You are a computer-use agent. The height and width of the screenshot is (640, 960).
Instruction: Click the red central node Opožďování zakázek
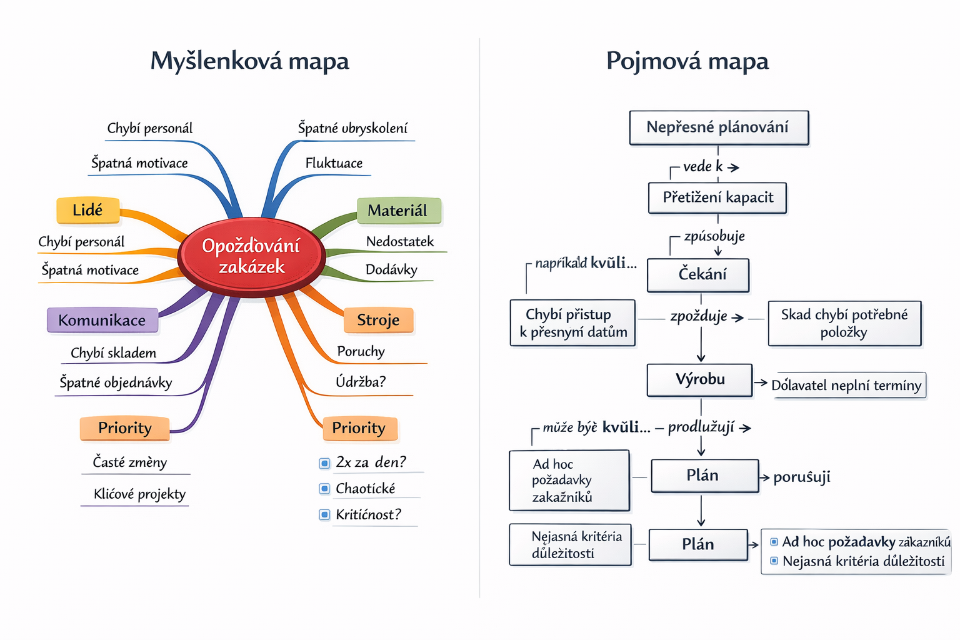click(251, 256)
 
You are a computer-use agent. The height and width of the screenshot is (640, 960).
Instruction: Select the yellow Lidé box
click(87, 211)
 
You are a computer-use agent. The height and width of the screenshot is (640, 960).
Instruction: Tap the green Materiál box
click(399, 211)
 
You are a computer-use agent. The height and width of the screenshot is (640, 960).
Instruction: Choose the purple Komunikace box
click(102, 320)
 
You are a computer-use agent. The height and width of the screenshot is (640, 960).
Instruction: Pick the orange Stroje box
click(378, 320)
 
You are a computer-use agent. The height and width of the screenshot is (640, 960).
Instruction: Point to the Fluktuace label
click(334, 163)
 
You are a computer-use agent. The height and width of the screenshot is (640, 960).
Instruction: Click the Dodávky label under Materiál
click(391, 270)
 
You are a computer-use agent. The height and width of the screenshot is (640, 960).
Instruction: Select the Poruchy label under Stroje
click(361, 351)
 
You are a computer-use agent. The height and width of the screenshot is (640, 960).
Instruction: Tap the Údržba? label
click(361, 381)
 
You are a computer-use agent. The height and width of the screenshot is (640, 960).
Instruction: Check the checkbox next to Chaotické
click(324, 489)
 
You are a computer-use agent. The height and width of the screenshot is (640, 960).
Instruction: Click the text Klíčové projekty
click(139, 494)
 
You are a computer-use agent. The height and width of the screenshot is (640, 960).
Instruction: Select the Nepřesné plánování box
click(719, 127)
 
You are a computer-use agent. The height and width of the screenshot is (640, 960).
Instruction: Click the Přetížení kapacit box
click(717, 197)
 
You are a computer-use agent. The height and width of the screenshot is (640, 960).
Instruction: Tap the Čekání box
click(698, 275)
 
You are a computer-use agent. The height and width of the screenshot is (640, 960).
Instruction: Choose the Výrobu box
click(699, 379)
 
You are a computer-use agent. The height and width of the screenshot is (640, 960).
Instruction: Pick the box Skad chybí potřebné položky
click(844, 323)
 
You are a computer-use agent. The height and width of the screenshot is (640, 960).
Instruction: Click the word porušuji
click(802, 477)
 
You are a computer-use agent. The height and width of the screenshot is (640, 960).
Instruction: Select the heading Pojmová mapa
click(687, 61)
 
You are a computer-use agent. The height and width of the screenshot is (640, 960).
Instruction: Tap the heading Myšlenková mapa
click(249, 61)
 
